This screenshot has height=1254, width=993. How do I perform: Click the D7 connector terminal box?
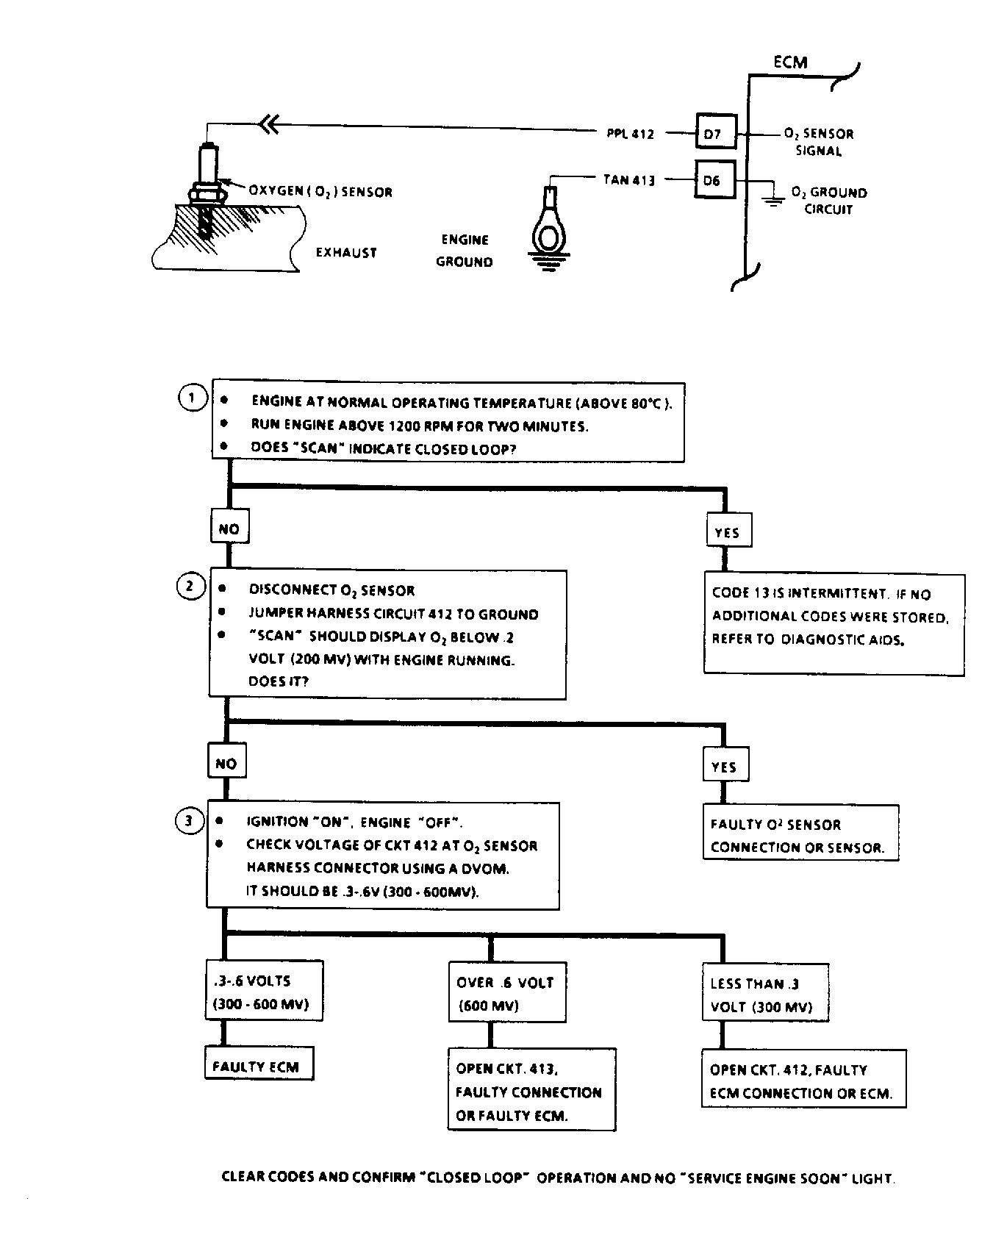click(712, 134)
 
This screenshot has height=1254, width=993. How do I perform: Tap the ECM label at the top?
click(790, 62)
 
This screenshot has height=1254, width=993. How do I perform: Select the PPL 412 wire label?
click(631, 134)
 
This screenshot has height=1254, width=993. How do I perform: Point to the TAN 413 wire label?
click(628, 179)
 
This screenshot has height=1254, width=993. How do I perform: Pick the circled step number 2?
click(190, 587)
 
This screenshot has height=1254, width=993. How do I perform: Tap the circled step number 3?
click(188, 820)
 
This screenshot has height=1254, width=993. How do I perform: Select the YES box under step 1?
click(727, 532)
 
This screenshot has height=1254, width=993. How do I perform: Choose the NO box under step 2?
click(226, 764)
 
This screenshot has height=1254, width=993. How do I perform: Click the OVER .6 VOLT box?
click(505, 994)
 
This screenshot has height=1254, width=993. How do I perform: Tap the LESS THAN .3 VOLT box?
click(764, 995)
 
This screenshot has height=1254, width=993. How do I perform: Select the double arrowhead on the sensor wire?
click(270, 126)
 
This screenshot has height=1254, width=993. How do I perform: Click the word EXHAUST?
click(346, 253)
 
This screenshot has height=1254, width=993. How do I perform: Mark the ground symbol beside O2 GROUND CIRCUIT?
click(772, 199)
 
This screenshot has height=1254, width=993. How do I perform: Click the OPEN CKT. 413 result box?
click(531, 1092)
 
